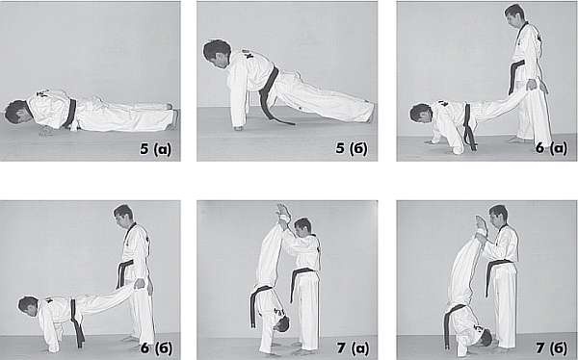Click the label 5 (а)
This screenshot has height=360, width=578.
pyautogui.click(x=155, y=149)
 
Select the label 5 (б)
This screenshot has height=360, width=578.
pyautogui.click(x=352, y=148)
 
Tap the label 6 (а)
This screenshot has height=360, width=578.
pyautogui.click(x=551, y=148)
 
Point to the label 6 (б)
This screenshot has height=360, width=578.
pyautogui.click(x=156, y=348)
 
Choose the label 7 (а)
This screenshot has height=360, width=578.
pyautogui.click(x=353, y=348)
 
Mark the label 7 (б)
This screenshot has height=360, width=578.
pyautogui.click(x=551, y=348)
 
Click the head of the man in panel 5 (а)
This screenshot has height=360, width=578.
pyautogui.click(x=16, y=112)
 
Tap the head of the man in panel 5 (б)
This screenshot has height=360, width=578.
pyautogui.click(x=217, y=54)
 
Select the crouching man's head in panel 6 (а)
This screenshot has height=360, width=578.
pyautogui.click(x=421, y=113)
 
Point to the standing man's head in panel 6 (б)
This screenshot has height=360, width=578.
pyautogui.click(x=123, y=217)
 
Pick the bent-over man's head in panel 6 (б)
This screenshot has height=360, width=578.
pyautogui.click(x=29, y=306)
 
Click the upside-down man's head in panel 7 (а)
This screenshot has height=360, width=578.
pyautogui.click(x=281, y=324)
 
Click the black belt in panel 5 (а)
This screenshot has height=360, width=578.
pyautogui.click(x=70, y=114)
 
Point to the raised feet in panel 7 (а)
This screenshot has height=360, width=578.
pyautogui.click(x=284, y=212)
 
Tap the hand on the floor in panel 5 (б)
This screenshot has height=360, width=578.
pyautogui.click(x=239, y=128)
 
